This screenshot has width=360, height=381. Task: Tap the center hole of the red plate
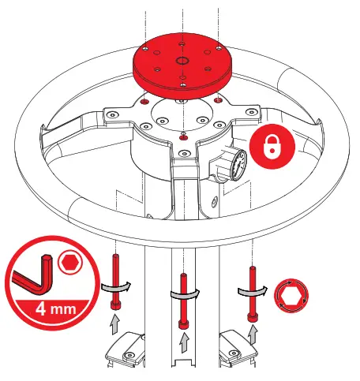(182, 61)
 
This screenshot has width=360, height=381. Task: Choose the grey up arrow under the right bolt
(253, 332)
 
